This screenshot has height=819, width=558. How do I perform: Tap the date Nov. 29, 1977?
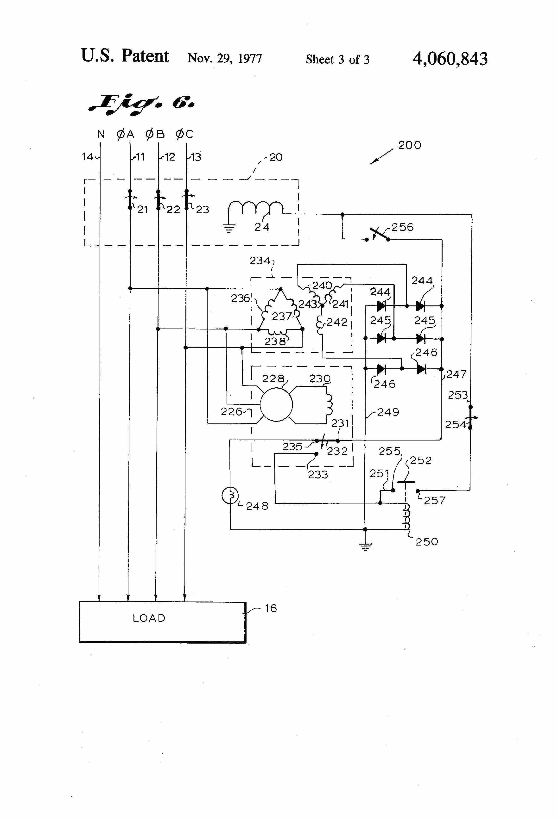click(225, 58)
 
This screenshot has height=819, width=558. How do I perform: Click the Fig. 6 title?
click(141, 104)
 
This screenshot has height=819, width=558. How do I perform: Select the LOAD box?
click(162, 622)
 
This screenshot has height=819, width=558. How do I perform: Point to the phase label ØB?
click(155, 134)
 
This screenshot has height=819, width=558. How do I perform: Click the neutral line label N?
click(101, 134)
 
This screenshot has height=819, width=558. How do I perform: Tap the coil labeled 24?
click(256, 208)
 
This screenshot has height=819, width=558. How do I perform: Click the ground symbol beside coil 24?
click(229, 229)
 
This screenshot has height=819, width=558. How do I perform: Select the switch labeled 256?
click(377, 234)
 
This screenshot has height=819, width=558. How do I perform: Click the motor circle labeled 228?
click(276, 404)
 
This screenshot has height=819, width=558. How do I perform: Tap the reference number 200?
click(410, 145)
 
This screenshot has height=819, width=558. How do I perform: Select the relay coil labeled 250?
click(407, 517)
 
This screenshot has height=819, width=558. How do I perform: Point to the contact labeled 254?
click(470, 418)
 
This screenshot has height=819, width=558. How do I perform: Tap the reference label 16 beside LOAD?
click(271, 608)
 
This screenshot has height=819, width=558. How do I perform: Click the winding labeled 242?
click(321, 324)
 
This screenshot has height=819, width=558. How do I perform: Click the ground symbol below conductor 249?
click(365, 546)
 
